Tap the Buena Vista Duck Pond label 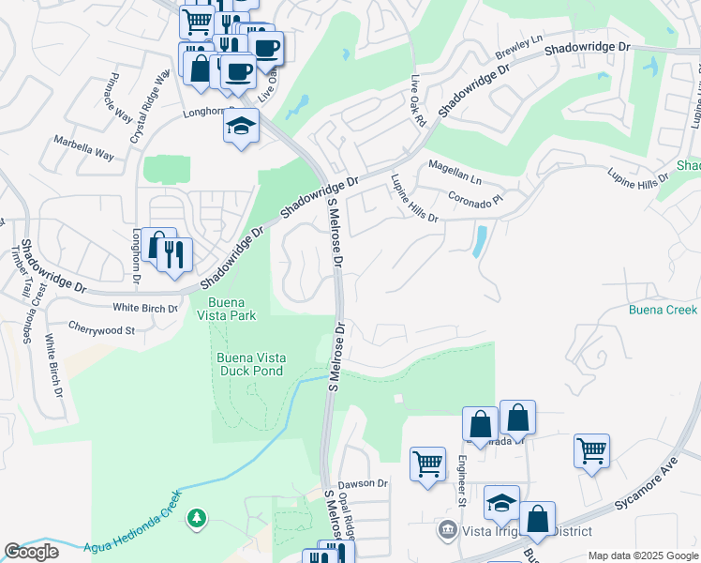pos(250,364)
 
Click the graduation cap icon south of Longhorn pos(241,126)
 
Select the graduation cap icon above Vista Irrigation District pos(501,502)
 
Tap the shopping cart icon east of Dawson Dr pos(427,463)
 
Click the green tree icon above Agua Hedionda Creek pos(196,518)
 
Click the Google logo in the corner pos(32,552)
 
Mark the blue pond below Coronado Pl pos(481,241)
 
